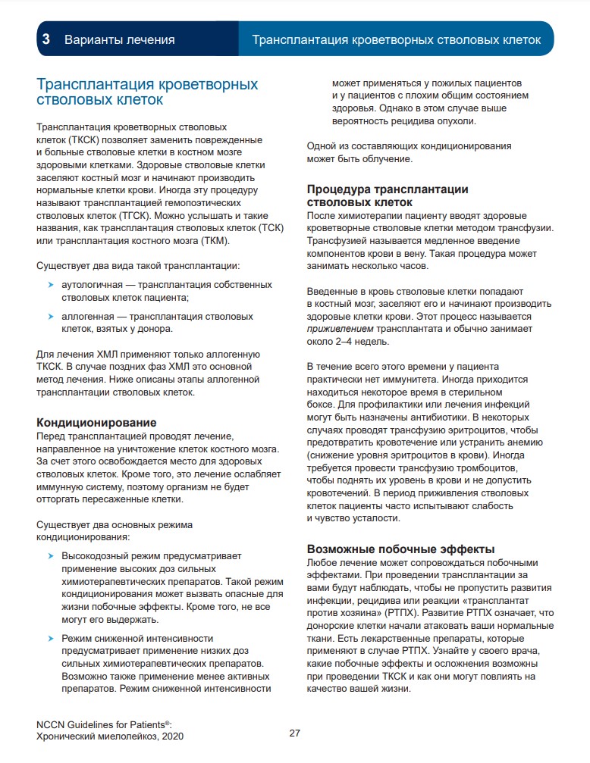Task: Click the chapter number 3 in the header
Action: (46, 39)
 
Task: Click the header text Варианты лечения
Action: (119, 39)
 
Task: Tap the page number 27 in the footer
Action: (295, 733)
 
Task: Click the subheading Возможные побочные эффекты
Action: (400, 549)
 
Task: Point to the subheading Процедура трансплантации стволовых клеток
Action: (388, 195)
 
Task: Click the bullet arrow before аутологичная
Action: (51, 285)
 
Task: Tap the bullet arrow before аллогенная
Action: (51, 316)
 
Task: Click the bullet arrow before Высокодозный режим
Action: (51, 555)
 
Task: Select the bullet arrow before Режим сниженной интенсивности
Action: (51, 639)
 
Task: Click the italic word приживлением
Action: (340, 329)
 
